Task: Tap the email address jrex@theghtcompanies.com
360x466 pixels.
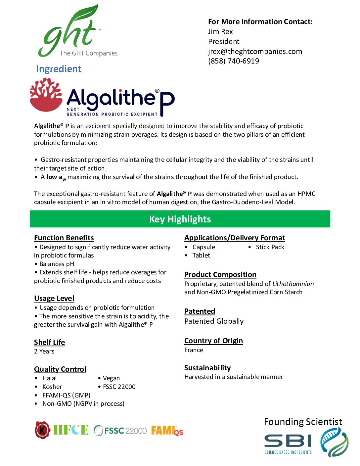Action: (x=255, y=51)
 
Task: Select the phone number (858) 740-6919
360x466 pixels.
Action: (x=233, y=61)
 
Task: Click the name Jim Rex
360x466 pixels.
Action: (x=220, y=31)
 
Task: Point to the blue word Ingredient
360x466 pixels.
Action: (x=59, y=69)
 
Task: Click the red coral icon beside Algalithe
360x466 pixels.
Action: (x=46, y=95)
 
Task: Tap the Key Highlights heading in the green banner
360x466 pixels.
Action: (x=180, y=219)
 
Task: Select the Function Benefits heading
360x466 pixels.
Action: (x=64, y=238)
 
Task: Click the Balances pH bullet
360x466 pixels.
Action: (x=57, y=264)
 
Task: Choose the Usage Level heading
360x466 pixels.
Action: (x=54, y=298)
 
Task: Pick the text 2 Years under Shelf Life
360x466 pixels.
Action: (x=44, y=351)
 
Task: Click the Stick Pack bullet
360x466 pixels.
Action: (x=270, y=247)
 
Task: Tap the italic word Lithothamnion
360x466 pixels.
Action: (x=293, y=284)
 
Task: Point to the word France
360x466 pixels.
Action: (x=194, y=350)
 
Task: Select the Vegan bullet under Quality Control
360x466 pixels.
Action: (x=111, y=378)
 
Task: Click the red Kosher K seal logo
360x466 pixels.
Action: (x=42, y=430)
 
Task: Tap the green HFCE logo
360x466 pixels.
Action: (x=71, y=430)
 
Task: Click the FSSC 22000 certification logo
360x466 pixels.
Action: (x=120, y=431)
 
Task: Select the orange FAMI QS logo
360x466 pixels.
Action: (x=167, y=431)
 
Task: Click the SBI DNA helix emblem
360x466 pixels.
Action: (x=334, y=442)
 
